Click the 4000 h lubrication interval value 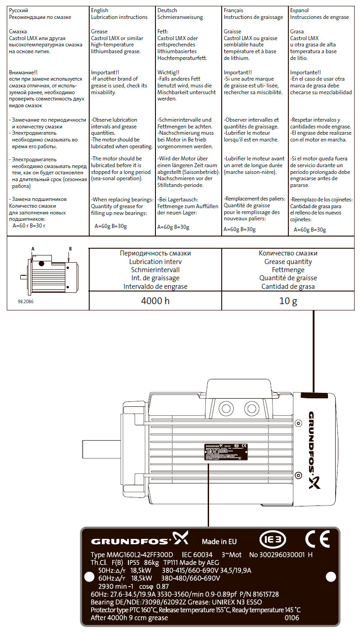coord(155,301)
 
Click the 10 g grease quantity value coord(288,301)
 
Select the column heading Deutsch coord(167,10)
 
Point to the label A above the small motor coord(33,248)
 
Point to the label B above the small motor coord(70,248)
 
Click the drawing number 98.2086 coord(26,302)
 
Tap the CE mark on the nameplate coord(317,539)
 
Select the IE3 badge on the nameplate coord(273,539)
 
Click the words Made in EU coord(219,542)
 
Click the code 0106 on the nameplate coord(292,618)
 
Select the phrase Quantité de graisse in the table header coord(288,278)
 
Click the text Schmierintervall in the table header coord(155,269)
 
